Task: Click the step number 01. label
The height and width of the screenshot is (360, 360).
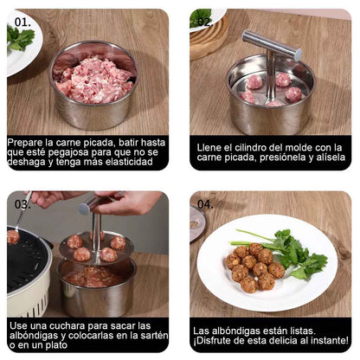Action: tap(23, 21)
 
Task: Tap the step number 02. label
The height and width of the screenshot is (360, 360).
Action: tap(203, 21)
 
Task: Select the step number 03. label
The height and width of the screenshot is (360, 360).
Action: tap(23, 204)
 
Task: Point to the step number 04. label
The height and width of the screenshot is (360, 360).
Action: tap(205, 204)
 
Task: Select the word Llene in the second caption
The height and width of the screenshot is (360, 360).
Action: tap(211, 147)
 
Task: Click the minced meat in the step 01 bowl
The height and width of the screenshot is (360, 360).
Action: tap(93, 78)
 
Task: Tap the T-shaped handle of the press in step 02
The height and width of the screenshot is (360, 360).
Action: tap(271, 43)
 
